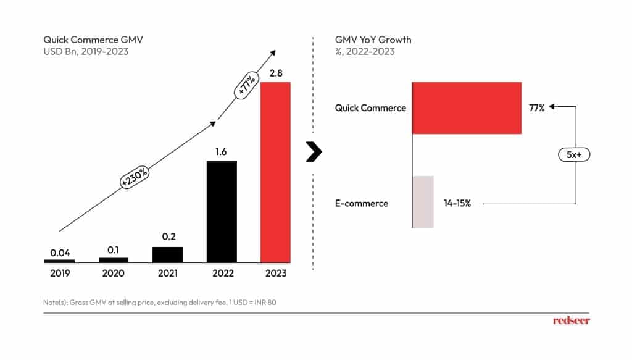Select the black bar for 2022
(x=222, y=211)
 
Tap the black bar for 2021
(x=167, y=254)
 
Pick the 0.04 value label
(x=59, y=252)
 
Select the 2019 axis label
(x=59, y=273)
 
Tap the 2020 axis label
(x=114, y=273)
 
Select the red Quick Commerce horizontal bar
(x=467, y=107)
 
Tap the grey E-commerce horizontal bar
(x=423, y=201)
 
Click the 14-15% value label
(x=457, y=203)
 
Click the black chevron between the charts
(x=315, y=151)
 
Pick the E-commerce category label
(x=362, y=203)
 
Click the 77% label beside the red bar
(x=537, y=107)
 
